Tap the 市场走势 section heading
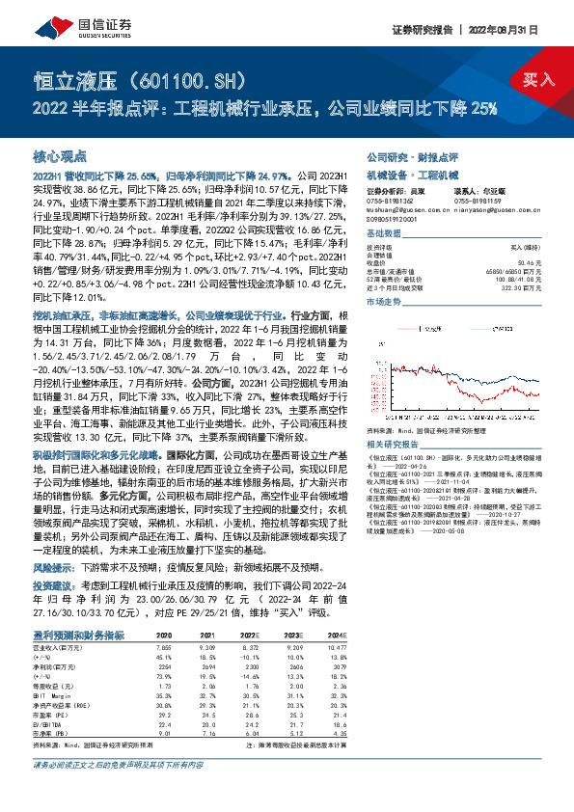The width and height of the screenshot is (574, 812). [x=383, y=301]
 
